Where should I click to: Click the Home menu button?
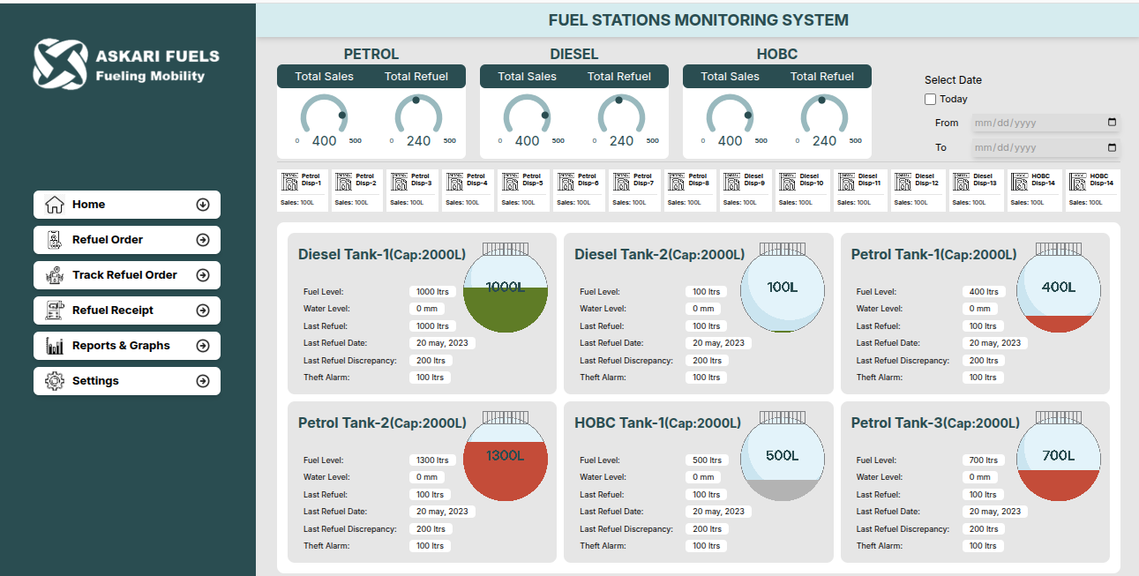click(x=126, y=205)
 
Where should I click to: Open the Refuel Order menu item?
click(x=126, y=240)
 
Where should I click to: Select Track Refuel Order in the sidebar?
click(x=126, y=275)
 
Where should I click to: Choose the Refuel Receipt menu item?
click(x=126, y=310)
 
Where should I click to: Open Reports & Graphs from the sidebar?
click(x=126, y=346)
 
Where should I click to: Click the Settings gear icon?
click(x=55, y=381)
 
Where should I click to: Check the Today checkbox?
click(x=931, y=100)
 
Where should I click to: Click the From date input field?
click(x=1038, y=123)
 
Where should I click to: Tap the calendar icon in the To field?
click(x=1112, y=147)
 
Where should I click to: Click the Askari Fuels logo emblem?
click(x=60, y=64)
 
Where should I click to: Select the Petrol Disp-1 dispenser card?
click(x=303, y=190)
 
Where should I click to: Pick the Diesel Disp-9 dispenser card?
click(x=747, y=190)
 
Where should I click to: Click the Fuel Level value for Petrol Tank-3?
click(x=983, y=460)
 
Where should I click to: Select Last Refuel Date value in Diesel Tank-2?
click(x=718, y=343)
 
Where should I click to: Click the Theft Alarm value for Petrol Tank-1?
click(x=983, y=378)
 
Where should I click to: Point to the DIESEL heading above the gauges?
click(x=574, y=55)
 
